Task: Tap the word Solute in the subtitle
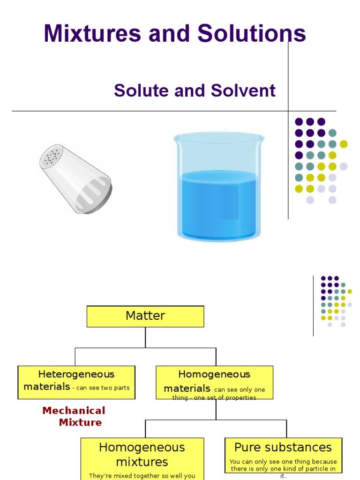click(141, 90)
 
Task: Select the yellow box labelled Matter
click(145, 316)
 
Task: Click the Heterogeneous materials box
click(76, 382)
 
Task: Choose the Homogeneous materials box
click(214, 382)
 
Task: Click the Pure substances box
click(283, 457)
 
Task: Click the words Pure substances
click(283, 447)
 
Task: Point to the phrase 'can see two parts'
click(104, 388)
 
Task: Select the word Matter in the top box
click(145, 316)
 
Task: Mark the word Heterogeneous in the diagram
click(76, 375)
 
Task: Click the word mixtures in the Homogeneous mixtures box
click(142, 462)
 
